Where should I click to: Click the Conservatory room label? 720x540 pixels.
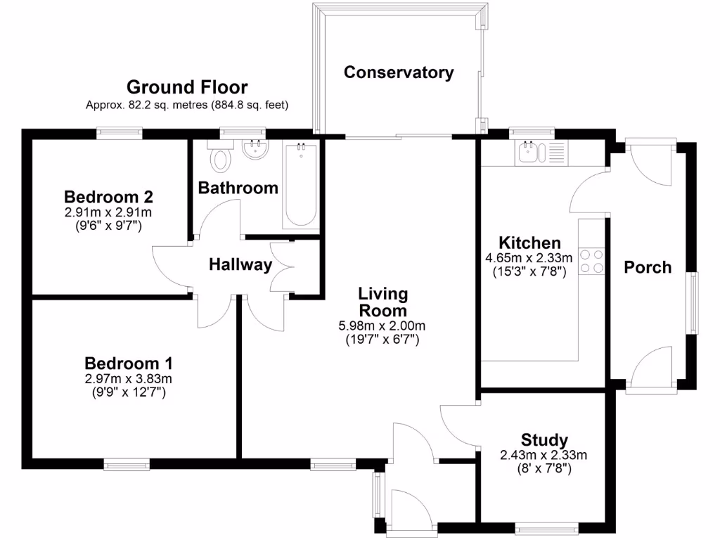click(399, 72)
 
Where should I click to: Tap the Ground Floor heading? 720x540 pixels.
click(187, 87)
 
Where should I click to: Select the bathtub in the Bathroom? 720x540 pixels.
click(302, 184)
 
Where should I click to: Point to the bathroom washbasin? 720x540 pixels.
click(253, 149)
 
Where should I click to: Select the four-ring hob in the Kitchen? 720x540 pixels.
click(591, 261)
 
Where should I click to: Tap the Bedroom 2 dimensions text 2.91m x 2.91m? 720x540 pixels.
click(109, 212)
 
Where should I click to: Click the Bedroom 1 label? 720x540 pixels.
click(129, 364)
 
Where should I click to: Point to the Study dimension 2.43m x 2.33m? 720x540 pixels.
click(543, 455)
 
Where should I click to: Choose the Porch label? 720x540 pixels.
click(648, 267)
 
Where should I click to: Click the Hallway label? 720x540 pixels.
click(240, 265)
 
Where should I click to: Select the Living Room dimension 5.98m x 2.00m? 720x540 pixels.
click(382, 326)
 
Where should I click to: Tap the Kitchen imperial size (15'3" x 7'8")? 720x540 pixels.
click(529, 271)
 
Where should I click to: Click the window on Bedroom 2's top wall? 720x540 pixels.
click(120, 131)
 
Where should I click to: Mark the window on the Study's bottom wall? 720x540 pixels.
click(548, 526)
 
